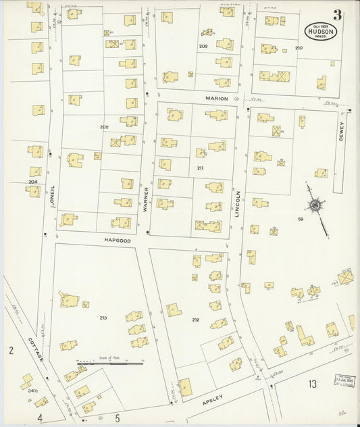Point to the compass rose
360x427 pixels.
pos(315,205)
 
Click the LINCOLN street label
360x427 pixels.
pos(238,202)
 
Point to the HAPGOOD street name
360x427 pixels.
pos(115,240)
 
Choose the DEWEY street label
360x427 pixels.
pos(342,130)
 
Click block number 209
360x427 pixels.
pos(203,46)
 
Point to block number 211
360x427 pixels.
pos(200,168)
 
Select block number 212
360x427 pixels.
pos(195,320)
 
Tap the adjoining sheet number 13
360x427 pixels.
pos(312,384)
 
